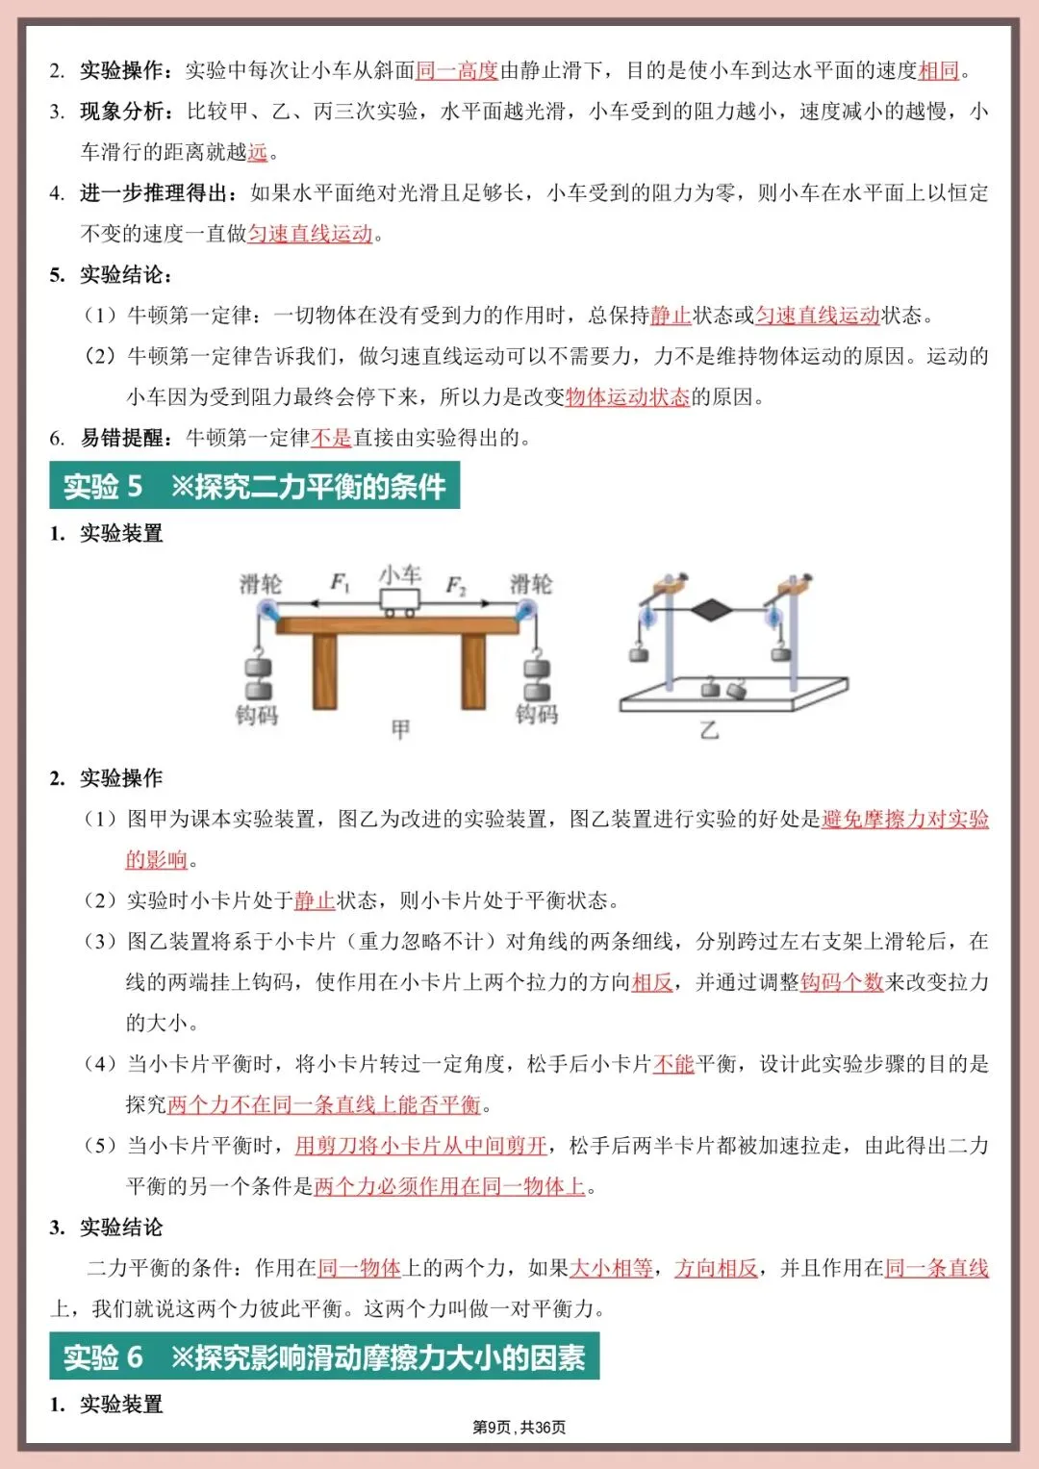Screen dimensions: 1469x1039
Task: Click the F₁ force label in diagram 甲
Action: pyautogui.click(x=341, y=582)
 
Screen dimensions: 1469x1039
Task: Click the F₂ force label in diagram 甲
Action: pyautogui.click(x=456, y=585)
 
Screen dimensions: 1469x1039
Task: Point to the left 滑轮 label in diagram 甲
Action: pyautogui.click(x=260, y=584)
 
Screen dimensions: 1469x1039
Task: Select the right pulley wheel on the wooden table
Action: pyautogui.click(x=525, y=610)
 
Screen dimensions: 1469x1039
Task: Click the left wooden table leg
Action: pyautogui.click(x=325, y=671)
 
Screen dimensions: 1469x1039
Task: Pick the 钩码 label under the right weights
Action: pyautogui.click(x=536, y=714)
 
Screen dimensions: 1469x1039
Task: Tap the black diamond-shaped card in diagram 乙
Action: pyautogui.click(x=713, y=609)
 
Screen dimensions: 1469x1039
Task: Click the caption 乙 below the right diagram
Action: pyautogui.click(x=709, y=730)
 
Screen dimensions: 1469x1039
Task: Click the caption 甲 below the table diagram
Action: pyautogui.click(x=400, y=730)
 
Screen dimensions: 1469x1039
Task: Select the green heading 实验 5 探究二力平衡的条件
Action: pyautogui.click(x=255, y=487)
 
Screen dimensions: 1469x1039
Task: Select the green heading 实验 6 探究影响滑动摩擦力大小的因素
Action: pyautogui.click(x=324, y=1357)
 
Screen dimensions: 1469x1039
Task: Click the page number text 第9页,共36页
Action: pyautogui.click(x=519, y=1427)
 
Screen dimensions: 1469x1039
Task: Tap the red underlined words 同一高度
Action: pyautogui.click(x=457, y=70)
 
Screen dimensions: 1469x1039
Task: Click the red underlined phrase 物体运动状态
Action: pyautogui.click(x=627, y=396)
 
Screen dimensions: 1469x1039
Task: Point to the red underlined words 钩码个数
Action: pyautogui.click(x=842, y=981)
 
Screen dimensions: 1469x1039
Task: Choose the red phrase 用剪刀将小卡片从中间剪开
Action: pyautogui.click(x=421, y=1145)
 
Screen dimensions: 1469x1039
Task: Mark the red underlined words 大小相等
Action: pyautogui.click(x=612, y=1268)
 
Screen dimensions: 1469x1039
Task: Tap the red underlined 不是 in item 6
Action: pyautogui.click(x=331, y=438)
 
